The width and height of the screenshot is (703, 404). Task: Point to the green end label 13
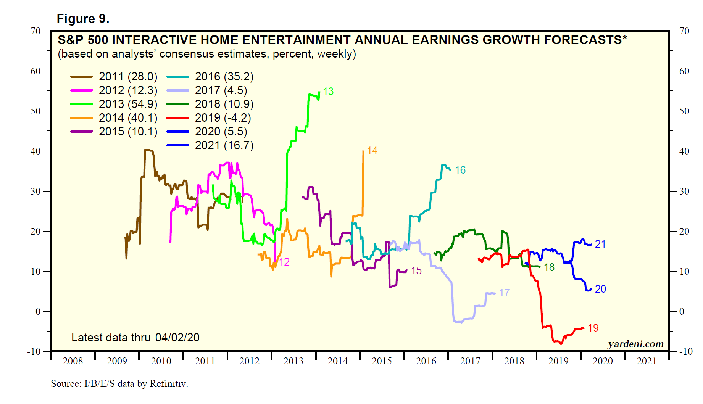pyautogui.click(x=328, y=92)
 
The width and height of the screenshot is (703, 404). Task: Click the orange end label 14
pyautogui.click(x=372, y=151)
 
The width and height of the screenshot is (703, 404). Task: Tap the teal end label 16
pyautogui.click(x=460, y=170)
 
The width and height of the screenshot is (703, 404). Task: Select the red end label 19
pyautogui.click(x=593, y=328)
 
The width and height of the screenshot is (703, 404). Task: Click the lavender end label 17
pyautogui.click(x=504, y=293)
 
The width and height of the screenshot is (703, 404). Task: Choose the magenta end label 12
pyautogui.click(x=284, y=262)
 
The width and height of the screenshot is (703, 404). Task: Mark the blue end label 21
pyautogui.click(x=600, y=244)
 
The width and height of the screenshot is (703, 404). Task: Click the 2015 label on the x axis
pyautogui.click(x=382, y=361)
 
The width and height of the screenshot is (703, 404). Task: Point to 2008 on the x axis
pyautogui.click(x=73, y=361)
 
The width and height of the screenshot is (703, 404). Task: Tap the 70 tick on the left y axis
pyautogui.click(x=35, y=31)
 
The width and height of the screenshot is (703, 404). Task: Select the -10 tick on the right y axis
pyautogui.click(x=686, y=351)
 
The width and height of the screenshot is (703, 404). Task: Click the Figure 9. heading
pyautogui.click(x=83, y=19)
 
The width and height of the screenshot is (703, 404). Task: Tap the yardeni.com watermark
pyautogui.click(x=635, y=344)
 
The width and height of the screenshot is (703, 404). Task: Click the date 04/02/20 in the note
pyautogui.click(x=177, y=338)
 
